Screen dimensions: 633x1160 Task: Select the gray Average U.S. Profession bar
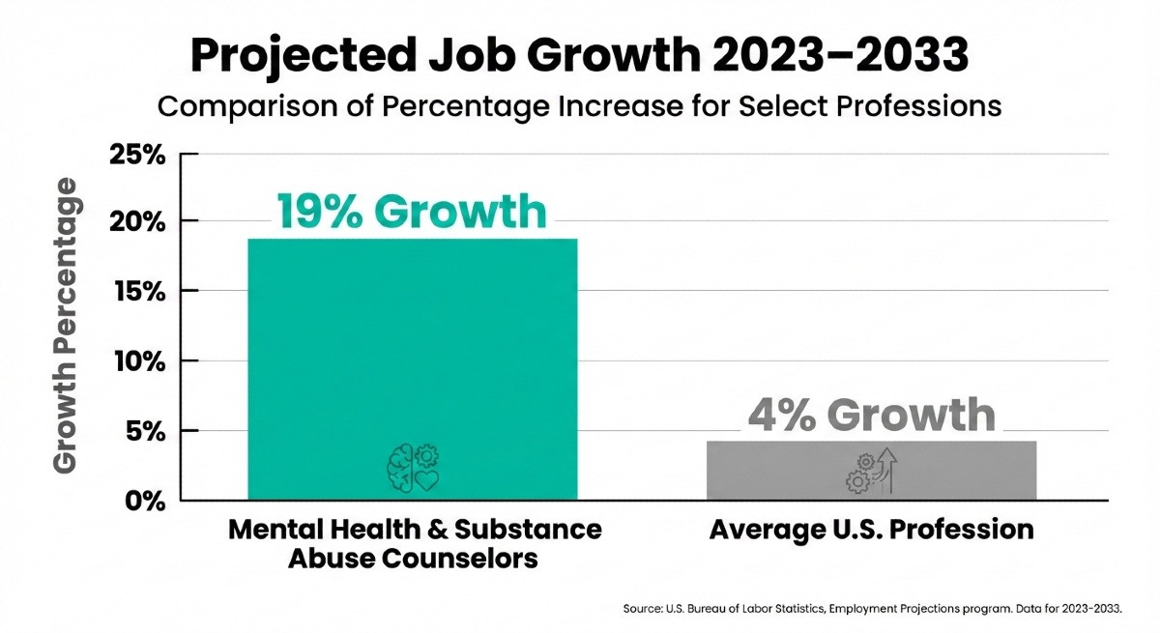(871, 470)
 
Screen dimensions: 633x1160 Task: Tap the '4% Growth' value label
(871, 415)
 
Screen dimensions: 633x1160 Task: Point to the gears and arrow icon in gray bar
(871, 471)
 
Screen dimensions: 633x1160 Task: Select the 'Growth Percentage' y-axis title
(66, 326)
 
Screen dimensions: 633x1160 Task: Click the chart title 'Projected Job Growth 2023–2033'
(579, 56)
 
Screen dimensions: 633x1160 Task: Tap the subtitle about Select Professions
(579, 106)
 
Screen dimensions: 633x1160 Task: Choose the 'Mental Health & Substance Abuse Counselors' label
(415, 544)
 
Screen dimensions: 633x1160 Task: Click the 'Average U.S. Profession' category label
(871, 531)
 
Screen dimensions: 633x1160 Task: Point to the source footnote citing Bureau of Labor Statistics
(873, 609)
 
